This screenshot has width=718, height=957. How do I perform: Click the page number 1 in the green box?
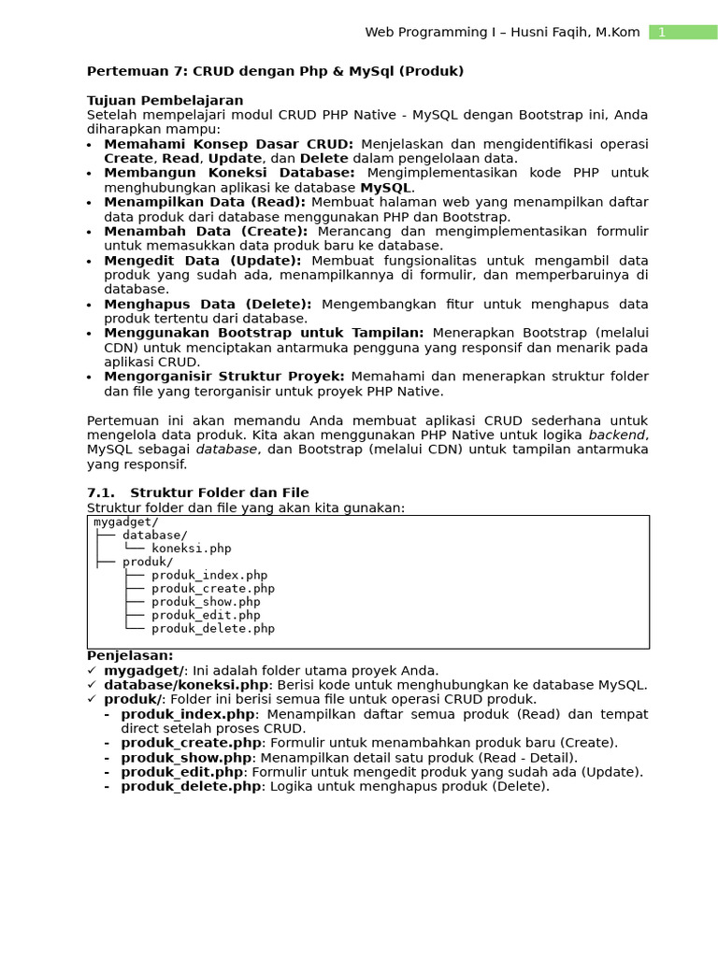[x=662, y=33]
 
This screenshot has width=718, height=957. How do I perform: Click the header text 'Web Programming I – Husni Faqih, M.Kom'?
[x=502, y=33]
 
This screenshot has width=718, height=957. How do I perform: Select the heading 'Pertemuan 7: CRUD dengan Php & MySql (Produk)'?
[x=275, y=71]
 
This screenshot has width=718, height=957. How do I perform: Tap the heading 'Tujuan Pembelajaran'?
[x=165, y=100]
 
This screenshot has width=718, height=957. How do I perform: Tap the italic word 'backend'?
[x=617, y=435]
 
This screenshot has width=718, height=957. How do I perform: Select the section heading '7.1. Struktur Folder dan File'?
[x=197, y=493]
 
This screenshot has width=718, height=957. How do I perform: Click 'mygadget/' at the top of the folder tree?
[x=126, y=522]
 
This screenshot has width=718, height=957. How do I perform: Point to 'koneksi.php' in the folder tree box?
[x=191, y=549]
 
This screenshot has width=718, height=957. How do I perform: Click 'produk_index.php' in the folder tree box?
[x=209, y=576]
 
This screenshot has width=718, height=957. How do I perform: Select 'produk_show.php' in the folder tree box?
[x=206, y=602]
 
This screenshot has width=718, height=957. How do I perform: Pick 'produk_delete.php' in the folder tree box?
[x=213, y=629]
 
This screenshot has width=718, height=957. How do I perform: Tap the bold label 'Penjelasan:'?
[x=130, y=656]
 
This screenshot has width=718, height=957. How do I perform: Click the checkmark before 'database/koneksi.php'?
[x=91, y=685]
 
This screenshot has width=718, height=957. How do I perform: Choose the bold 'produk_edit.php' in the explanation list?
[x=181, y=772]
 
